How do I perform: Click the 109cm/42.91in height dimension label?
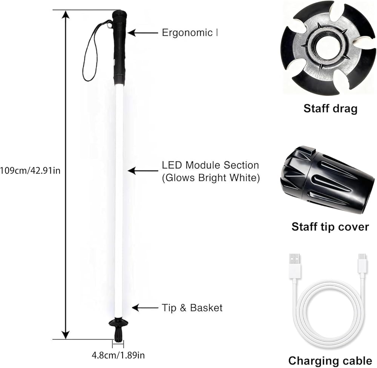[30, 170]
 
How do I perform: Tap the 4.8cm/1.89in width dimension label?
[118, 355]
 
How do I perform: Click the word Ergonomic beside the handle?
[187, 33]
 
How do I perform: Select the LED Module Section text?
[210, 165]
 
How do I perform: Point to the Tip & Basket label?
[192, 308]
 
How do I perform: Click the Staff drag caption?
[330, 109]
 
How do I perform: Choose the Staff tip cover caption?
[330, 227]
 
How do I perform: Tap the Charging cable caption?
[330, 361]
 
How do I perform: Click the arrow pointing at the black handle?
[143, 33]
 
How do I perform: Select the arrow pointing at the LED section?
[143, 171]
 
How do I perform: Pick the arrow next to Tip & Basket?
[145, 308]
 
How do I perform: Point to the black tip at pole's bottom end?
[118, 334]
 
